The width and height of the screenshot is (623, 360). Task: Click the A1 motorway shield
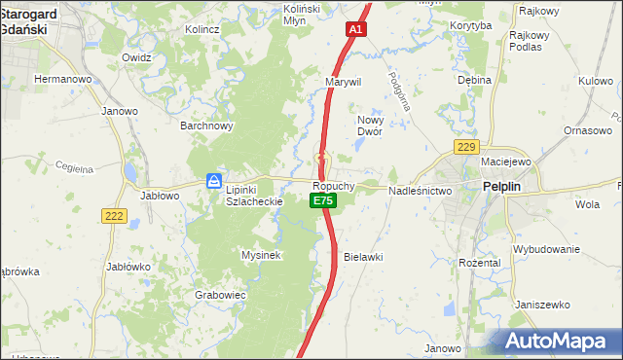tap(356, 30)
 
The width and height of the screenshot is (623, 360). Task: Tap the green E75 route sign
tap(323, 200)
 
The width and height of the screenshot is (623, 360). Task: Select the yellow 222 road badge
tap(114, 216)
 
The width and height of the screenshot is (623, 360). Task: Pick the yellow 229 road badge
tap(466, 147)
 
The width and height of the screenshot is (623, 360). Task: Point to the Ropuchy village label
tap(334, 185)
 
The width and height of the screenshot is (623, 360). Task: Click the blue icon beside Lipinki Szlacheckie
tap(213, 181)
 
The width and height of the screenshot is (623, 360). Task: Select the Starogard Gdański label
tap(30, 20)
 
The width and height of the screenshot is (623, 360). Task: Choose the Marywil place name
tap(344, 83)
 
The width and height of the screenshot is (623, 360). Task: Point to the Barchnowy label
tap(206, 126)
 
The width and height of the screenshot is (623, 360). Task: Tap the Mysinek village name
tap(261, 255)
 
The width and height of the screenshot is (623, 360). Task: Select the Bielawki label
tap(363, 257)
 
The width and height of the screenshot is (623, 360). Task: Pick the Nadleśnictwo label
tap(421, 192)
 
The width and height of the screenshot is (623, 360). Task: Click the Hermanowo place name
tap(63, 78)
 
